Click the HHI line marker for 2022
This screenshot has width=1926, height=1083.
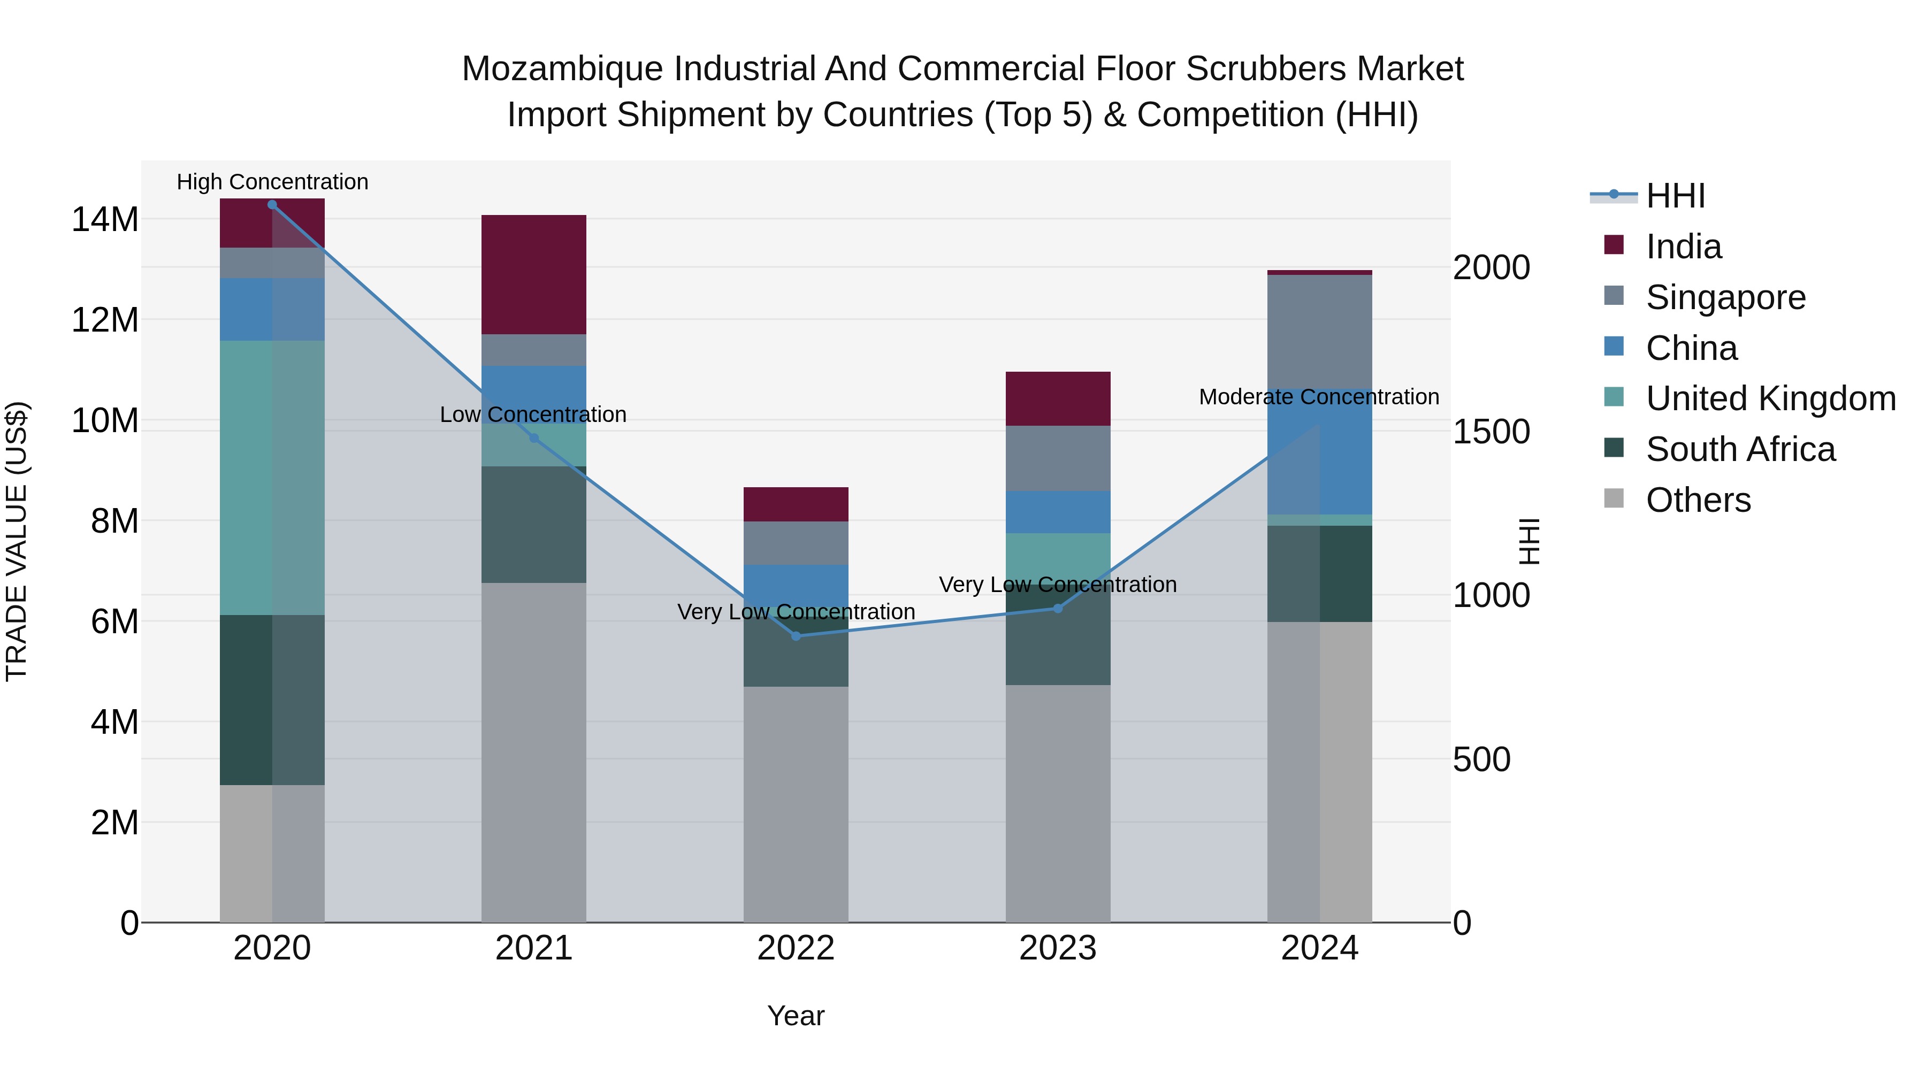click(796, 636)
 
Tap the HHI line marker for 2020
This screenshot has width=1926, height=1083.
click(272, 205)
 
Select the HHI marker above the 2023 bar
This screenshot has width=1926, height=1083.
click(1057, 609)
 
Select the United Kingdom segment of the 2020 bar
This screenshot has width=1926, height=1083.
click(272, 478)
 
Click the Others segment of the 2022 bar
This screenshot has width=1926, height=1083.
click(796, 803)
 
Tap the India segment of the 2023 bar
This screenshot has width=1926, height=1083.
click(1057, 398)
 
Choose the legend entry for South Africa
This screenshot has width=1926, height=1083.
click(1740, 449)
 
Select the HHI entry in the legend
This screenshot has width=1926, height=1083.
click(1675, 196)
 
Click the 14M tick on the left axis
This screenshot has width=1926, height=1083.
click(105, 220)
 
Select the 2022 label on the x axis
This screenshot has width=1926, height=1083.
click(796, 948)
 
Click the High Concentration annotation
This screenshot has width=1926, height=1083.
click(272, 182)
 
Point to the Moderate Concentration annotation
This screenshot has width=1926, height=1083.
click(1319, 397)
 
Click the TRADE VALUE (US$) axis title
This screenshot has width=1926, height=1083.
click(17, 541)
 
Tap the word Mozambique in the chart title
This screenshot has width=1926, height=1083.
click(562, 69)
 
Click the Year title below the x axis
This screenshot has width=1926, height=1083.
click(796, 1016)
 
